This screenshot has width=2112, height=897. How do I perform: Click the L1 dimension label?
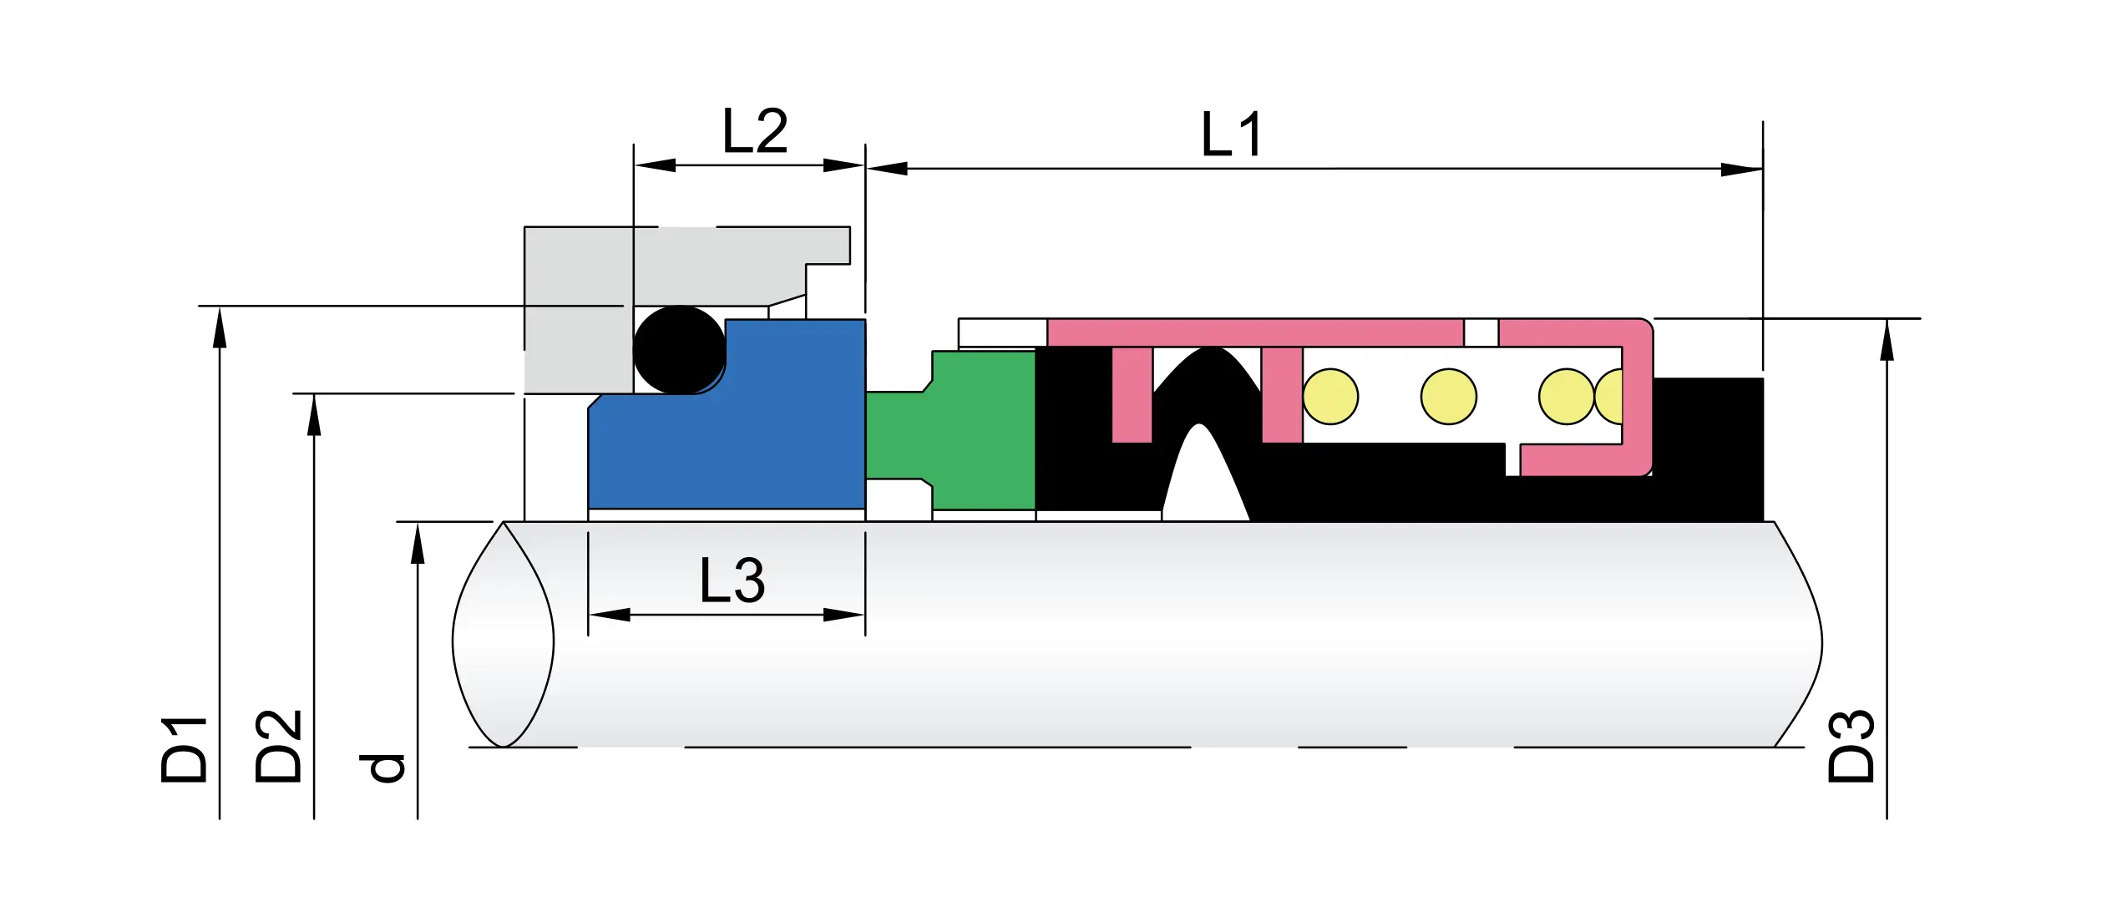tap(1231, 134)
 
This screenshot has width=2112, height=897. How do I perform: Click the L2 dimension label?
tap(754, 132)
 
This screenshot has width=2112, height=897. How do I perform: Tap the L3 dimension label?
tap(732, 581)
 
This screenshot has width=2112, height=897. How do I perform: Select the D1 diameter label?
tap(185, 749)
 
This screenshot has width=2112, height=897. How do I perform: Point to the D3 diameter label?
tap(1851, 746)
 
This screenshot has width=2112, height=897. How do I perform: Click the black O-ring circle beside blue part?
tap(679, 349)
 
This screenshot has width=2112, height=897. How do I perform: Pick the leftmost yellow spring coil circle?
tap(1330, 397)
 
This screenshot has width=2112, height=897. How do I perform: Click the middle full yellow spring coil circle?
tap(1449, 397)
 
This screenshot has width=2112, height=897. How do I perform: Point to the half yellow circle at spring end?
tap(1611, 397)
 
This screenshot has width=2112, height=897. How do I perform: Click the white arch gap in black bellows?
tap(1203, 476)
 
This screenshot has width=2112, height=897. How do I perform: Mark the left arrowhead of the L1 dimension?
tap(885, 169)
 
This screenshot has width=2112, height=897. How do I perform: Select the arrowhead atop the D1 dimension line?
tap(220, 327)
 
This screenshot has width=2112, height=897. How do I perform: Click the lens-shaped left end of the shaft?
tap(504, 635)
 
